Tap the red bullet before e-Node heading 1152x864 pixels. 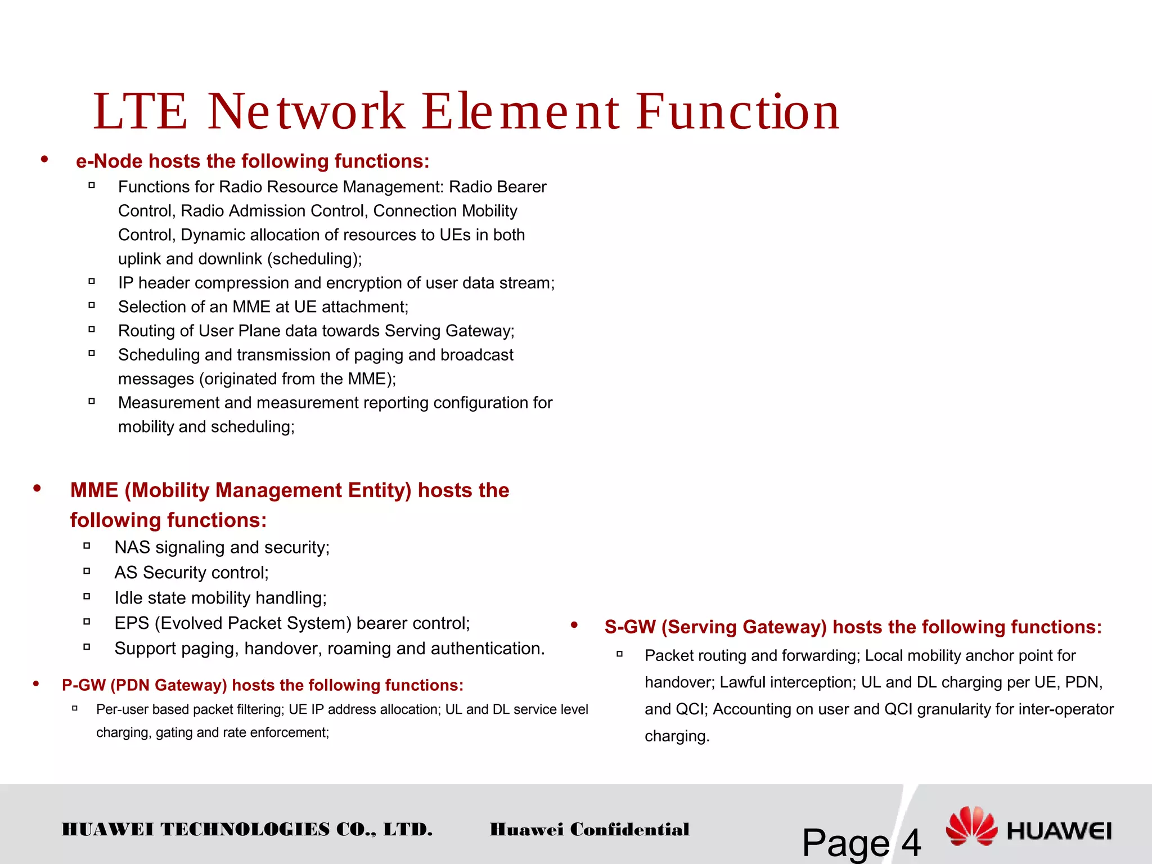[44, 160]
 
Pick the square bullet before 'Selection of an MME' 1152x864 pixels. [92, 305]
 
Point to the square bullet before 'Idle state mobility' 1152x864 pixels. [87, 596]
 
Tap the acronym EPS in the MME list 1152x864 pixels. [132, 623]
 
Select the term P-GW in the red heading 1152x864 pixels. [84, 685]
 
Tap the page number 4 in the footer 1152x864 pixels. [911, 843]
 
